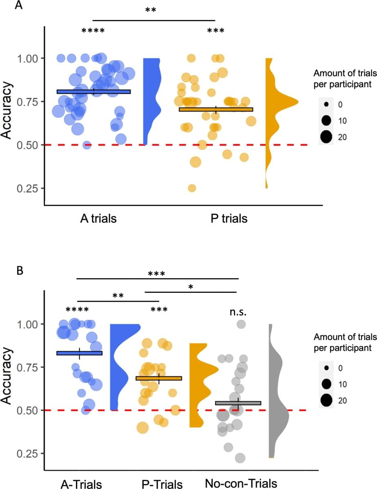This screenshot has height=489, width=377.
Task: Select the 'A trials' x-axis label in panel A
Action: coord(98,219)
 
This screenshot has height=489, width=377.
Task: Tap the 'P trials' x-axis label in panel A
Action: coord(229,219)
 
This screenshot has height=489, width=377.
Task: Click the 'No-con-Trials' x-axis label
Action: coord(241,484)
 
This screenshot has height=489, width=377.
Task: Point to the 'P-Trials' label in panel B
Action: coord(162,485)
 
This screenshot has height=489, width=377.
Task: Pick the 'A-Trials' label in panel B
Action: coord(81,485)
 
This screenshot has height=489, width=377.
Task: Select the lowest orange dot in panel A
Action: coord(192,188)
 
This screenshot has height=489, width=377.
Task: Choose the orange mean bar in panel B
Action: coord(158,378)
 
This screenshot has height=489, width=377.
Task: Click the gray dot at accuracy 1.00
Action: coord(241,324)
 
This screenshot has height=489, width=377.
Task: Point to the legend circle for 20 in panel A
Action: coord(326,137)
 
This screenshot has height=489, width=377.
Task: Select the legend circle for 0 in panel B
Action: coord(326,368)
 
